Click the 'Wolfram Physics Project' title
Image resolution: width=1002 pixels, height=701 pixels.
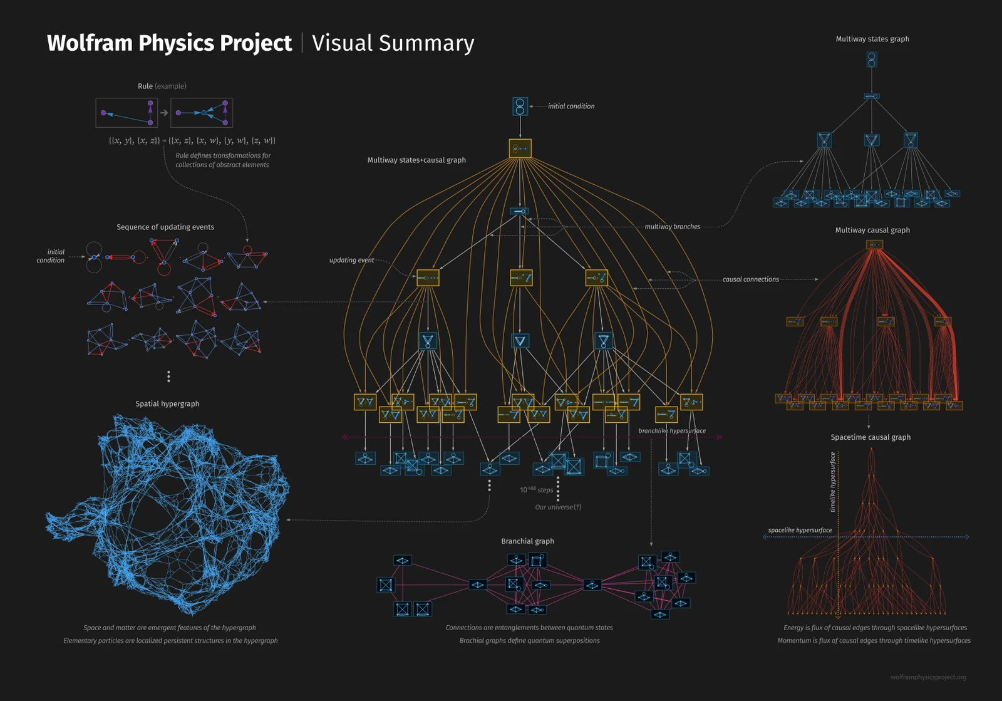pyautogui.click(x=169, y=43)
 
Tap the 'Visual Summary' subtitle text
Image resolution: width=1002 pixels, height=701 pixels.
pyautogui.click(x=393, y=43)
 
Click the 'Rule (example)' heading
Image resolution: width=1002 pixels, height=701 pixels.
pyautogui.click(x=162, y=86)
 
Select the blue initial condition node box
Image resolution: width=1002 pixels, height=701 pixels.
pyautogui.click(x=520, y=106)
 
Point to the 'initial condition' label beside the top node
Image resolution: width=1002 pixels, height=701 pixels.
pyautogui.click(x=571, y=106)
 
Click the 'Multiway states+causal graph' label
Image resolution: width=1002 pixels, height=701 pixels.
pyautogui.click(x=416, y=160)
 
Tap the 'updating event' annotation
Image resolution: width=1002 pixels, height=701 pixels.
pyautogui.click(x=351, y=260)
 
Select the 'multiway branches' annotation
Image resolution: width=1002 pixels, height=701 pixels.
pyautogui.click(x=673, y=227)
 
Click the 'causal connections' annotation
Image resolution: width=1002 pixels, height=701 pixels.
pyautogui.click(x=750, y=279)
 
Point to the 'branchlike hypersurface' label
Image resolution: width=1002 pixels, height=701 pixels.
pyautogui.click(x=672, y=431)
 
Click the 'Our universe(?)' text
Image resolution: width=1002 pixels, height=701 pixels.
pyautogui.click(x=558, y=507)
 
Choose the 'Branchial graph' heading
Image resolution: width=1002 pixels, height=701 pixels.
pyautogui.click(x=527, y=541)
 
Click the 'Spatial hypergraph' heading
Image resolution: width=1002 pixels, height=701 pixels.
pyautogui.click(x=167, y=404)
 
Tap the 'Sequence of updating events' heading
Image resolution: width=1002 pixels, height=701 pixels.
pyautogui.click(x=165, y=227)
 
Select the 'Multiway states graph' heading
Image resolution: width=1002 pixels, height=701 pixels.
pyautogui.click(x=872, y=39)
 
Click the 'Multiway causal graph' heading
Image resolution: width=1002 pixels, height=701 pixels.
pyautogui.click(x=872, y=231)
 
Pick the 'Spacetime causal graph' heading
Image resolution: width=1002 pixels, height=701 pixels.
pyautogui.click(x=870, y=437)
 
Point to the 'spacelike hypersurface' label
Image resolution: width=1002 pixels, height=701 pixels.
pyautogui.click(x=800, y=531)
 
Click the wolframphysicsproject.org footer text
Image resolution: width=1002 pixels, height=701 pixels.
pyautogui.click(x=928, y=677)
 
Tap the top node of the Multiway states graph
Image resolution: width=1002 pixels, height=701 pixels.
pyautogui.click(x=872, y=60)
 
